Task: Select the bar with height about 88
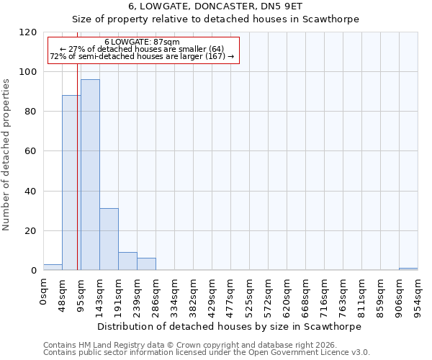point(71,183)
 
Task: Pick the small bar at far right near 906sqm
point(408,269)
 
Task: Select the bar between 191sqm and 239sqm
point(127,261)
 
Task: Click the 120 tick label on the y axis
point(28,32)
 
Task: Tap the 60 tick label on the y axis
point(31,151)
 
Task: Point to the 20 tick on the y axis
point(31,231)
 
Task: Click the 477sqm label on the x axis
point(230,295)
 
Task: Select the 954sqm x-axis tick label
point(418,295)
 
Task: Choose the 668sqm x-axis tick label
point(305,295)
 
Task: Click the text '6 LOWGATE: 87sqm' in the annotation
point(142,42)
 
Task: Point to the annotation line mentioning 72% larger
point(142,56)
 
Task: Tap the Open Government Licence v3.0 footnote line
point(207,353)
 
